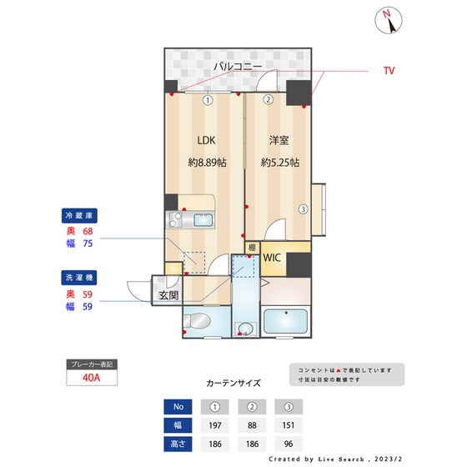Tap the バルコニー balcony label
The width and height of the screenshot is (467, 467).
click(237, 64)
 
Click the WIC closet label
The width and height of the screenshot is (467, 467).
click(273, 258)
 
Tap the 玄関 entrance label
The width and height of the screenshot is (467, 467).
click(168, 295)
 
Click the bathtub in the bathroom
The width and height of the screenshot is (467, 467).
click(287, 321)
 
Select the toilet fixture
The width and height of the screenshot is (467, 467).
click(200, 322)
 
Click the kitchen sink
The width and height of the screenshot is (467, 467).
click(203, 220)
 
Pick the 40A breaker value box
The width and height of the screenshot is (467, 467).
click(93, 378)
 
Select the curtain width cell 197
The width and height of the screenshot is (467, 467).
click(216, 424)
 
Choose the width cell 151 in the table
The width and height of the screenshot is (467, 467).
click(289, 424)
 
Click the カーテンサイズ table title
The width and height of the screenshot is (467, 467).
click(233, 384)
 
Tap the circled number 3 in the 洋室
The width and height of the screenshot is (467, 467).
click(304, 209)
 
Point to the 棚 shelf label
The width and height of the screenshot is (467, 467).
click(252, 247)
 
